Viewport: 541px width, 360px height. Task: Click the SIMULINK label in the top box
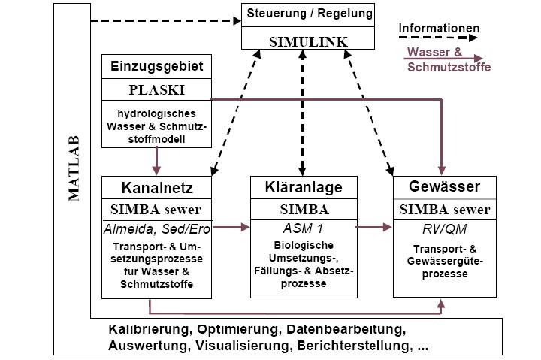point(308,42)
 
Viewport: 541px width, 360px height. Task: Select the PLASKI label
point(156,91)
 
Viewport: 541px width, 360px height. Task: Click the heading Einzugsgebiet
point(156,66)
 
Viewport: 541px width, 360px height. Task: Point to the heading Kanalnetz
point(156,186)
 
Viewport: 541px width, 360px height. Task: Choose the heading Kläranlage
point(304,186)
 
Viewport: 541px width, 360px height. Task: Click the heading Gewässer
point(444,186)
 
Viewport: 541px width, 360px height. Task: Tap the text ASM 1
point(304,226)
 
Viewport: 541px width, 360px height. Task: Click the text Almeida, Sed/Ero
point(156,226)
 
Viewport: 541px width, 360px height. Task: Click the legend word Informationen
point(439,29)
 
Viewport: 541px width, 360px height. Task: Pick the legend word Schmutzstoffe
point(449,68)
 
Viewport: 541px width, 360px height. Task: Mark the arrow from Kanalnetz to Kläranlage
point(231,226)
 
